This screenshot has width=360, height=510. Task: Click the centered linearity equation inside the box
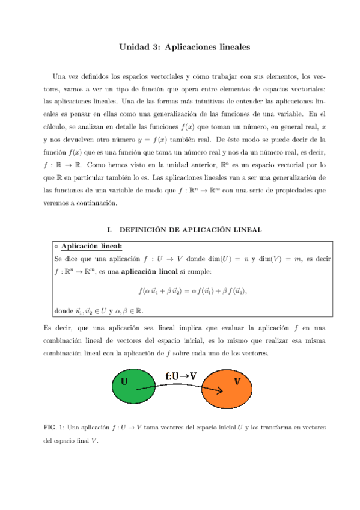click(x=192, y=291)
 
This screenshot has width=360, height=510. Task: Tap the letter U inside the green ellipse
click(x=124, y=381)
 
